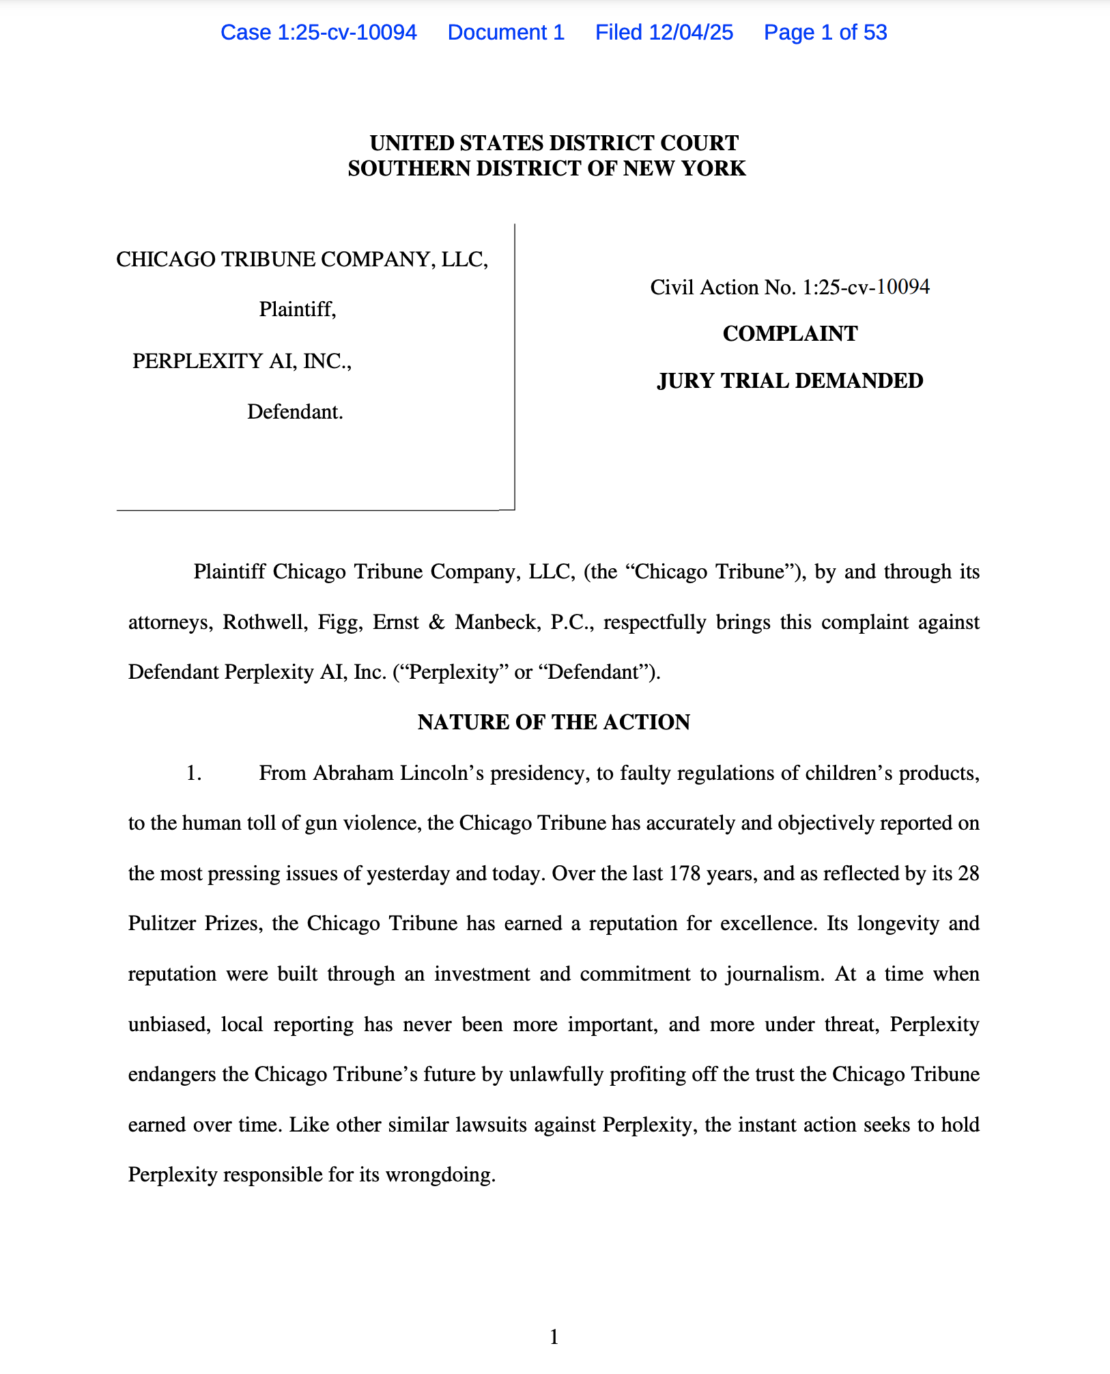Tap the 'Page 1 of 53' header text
tap(825, 32)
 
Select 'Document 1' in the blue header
tap(506, 32)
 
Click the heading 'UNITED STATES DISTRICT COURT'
tap(554, 143)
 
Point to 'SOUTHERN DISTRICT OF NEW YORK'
tap(547, 168)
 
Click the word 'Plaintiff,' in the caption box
tap(298, 309)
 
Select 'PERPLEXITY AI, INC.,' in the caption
tap(242, 361)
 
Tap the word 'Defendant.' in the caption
tap(295, 412)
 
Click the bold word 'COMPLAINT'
tap(790, 333)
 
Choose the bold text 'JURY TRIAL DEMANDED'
tap(790, 380)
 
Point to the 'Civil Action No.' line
tap(790, 287)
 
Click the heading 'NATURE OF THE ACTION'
tap(554, 722)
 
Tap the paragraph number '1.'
tap(194, 773)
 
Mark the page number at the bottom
tap(554, 1336)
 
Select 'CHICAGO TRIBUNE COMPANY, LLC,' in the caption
tap(302, 259)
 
